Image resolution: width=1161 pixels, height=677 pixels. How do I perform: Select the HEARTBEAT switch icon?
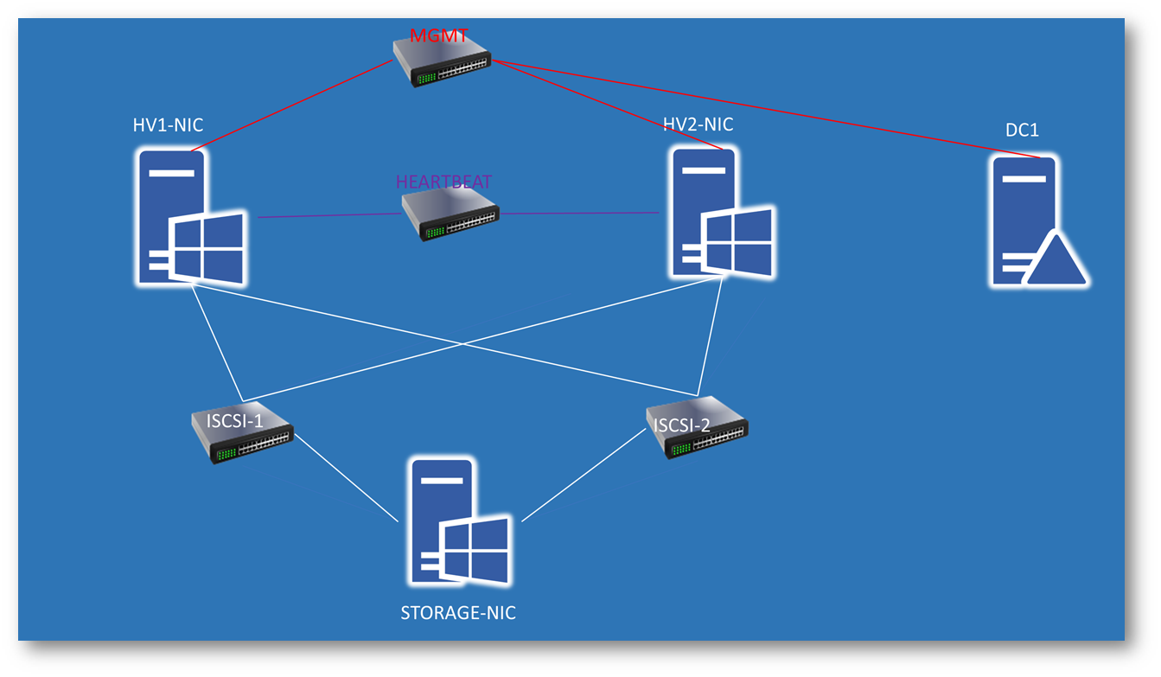450,215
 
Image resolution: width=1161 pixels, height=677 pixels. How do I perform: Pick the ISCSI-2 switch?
698,428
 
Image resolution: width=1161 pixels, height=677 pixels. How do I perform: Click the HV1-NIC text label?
168,125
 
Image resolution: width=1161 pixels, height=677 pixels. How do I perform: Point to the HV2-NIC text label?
698,125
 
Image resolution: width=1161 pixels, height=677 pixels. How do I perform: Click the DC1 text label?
1022,131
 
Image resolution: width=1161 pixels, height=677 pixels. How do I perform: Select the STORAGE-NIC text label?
458,613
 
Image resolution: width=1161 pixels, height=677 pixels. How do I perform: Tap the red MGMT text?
439,36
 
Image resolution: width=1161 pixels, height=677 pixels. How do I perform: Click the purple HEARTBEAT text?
443,182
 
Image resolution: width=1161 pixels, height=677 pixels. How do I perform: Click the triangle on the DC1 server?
1056,260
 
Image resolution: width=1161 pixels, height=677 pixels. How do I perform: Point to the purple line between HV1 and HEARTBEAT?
329,215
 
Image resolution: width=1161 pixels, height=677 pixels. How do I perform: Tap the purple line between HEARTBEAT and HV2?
579,213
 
